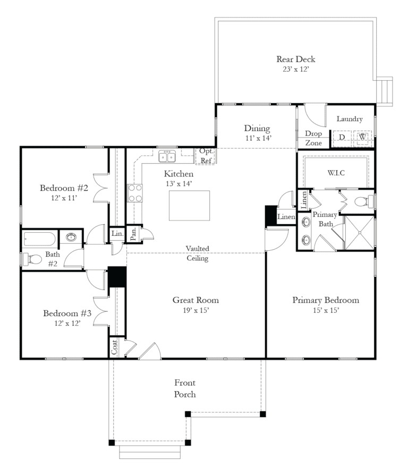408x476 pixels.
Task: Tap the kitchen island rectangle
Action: pos(189,205)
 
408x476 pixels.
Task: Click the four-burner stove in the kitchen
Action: pos(135,193)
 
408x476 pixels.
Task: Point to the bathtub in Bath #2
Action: pos(39,239)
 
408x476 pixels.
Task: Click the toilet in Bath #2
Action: pos(33,259)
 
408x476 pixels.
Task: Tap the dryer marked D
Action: pos(342,138)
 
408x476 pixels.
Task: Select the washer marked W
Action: pos(363,138)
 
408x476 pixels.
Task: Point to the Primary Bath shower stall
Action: pos(360,232)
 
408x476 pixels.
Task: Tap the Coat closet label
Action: pos(114,347)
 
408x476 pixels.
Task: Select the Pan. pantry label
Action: pos(133,233)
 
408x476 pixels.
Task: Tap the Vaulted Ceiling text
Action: pos(197,253)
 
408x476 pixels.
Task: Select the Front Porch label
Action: pos(185,388)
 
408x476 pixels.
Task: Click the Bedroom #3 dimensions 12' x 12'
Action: pos(67,322)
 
